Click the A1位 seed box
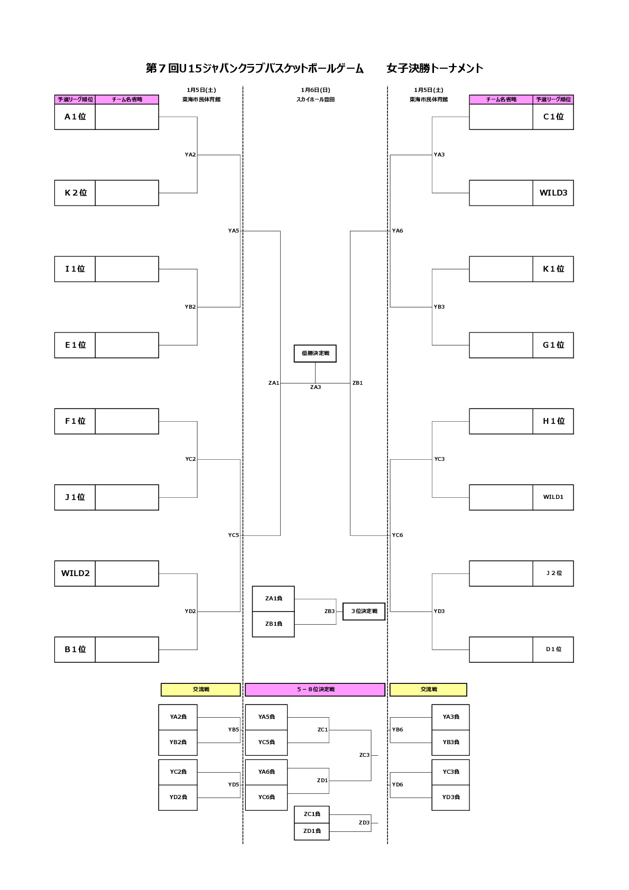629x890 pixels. tap(75, 117)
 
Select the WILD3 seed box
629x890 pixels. tap(553, 193)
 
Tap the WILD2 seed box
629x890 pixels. tap(75, 573)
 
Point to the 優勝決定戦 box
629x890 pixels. tap(315, 353)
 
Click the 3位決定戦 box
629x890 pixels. tap(364, 611)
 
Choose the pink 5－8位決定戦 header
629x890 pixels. tap(315, 689)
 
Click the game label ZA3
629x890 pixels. tap(316, 387)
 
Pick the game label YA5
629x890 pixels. tap(234, 231)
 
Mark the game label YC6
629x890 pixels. tap(397, 535)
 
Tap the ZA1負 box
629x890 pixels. tap(273, 599)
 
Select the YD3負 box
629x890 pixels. tap(450, 797)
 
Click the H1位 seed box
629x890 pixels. tap(553, 421)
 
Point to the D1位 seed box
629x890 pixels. tap(553, 650)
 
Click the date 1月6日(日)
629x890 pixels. tap(316, 90)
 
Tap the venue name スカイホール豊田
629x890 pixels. tap(316, 99)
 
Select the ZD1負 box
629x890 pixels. tap(311, 831)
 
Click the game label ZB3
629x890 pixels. tap(329, 611)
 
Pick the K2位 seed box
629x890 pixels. tap(75, 193)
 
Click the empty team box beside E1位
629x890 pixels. tap(127, 345)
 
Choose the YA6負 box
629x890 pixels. tap(266, 772)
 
